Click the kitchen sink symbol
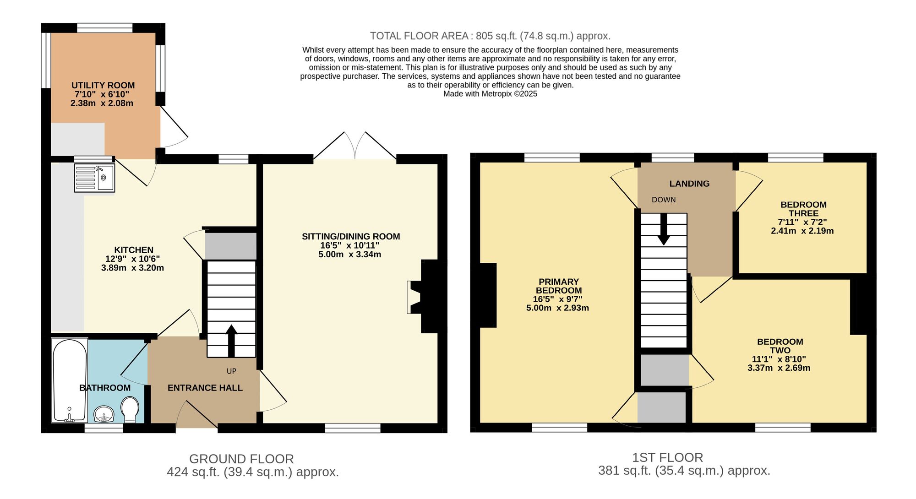(95, 178)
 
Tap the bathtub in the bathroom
(70, 380)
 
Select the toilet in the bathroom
(130, 409)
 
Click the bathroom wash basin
(104, 414)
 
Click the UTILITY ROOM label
(103, 86)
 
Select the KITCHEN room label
(133, 250)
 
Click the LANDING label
(689, 184)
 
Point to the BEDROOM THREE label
(803, 209)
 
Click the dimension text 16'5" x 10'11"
(350, 246)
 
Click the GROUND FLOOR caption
(241, 459)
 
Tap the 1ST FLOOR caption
(667, 457)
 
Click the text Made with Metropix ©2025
(490, 94)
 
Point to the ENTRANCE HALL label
(205, 388)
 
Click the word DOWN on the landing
(664, 200)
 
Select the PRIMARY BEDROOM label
(559, 286)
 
